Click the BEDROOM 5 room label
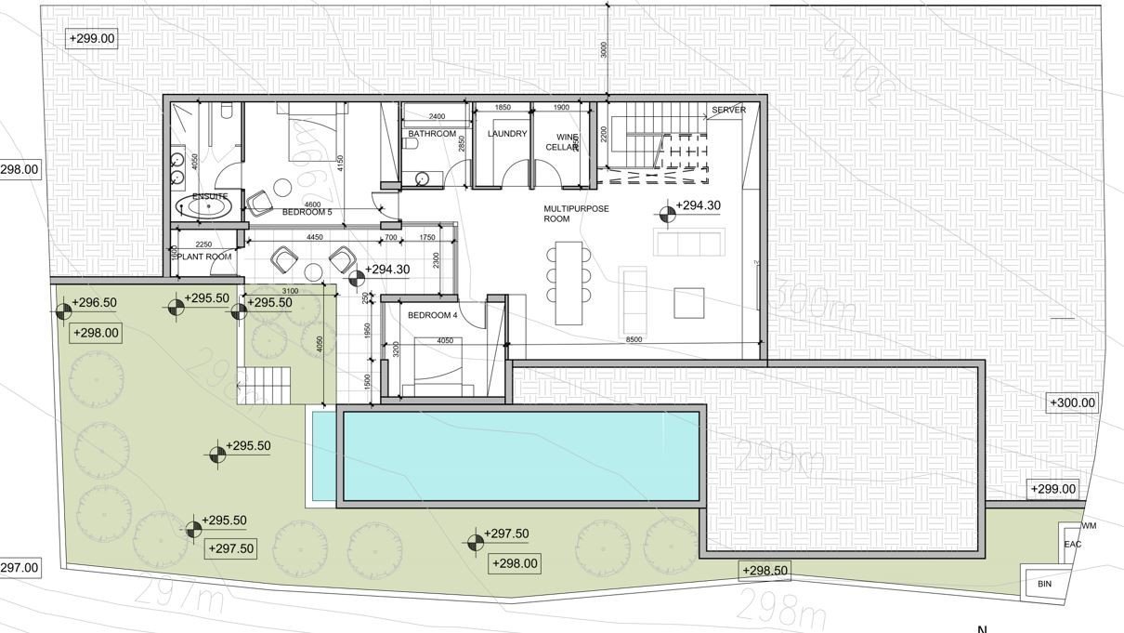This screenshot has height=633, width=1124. point(307,213)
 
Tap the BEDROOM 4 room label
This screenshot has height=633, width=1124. point(432,315)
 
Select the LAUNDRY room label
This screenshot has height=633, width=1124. point(507,134)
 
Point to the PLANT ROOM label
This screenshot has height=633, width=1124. point(204,257)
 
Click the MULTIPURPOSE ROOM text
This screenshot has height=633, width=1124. point(576,214)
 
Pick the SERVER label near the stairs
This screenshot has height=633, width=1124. point(728,111)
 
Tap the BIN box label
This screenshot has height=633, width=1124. point(1044,585)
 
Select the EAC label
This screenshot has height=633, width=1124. point(1072,545)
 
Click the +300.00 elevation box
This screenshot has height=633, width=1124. point(1072,403)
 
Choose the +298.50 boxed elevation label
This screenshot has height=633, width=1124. point(765,571)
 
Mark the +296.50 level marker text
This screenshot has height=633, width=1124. point(94,303)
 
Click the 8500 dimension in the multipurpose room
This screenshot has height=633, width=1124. point(634,340)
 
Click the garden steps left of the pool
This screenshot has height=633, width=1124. point(263,382)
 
